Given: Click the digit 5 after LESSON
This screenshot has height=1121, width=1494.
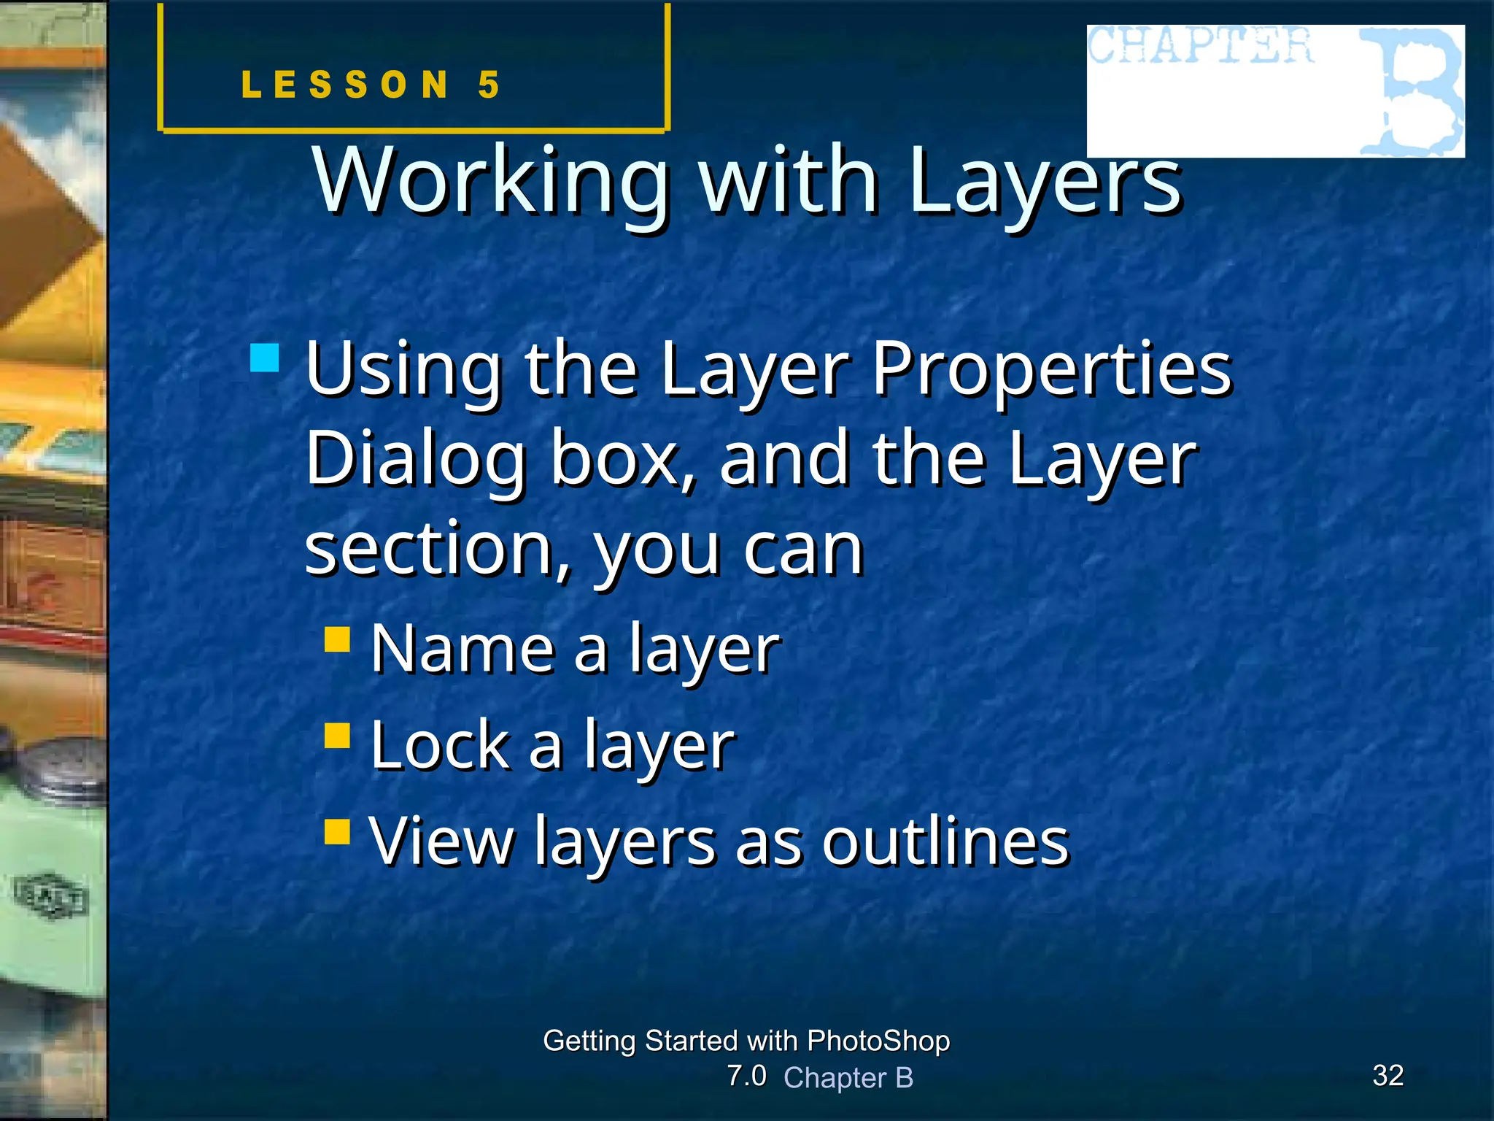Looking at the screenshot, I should click(x=489, y=85).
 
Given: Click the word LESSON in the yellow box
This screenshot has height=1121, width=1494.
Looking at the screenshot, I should click(x=345, y=85).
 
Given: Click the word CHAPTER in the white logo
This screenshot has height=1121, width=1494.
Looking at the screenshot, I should click(x=1201, y=46).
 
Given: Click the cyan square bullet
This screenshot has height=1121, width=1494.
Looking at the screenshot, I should click(x=264, y=358).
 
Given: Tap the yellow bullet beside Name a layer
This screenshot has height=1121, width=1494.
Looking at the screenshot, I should click(x=338, y=640).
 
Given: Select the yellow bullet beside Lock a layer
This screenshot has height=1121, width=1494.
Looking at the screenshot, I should click(x=338, y=736).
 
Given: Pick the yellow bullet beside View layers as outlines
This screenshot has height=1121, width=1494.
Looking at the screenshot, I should click(x=338, y=831).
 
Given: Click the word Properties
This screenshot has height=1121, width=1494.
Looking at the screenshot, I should click(x=1051, y=370).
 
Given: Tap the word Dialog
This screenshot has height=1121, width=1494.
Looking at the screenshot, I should click(x=415, y=460).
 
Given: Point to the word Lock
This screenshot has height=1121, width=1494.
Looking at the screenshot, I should click(x=439, y=745).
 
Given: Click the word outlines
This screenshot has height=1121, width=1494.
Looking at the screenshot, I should click(x=945, y=841).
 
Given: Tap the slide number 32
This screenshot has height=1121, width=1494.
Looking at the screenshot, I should click(x=1387, y=1075).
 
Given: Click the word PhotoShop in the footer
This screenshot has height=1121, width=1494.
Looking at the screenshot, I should click(x=878, y=1041).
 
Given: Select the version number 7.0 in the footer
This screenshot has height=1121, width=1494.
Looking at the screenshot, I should click(x=746, y=1076).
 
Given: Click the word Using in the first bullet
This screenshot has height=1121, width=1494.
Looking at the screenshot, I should click(x=403, y=370).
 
